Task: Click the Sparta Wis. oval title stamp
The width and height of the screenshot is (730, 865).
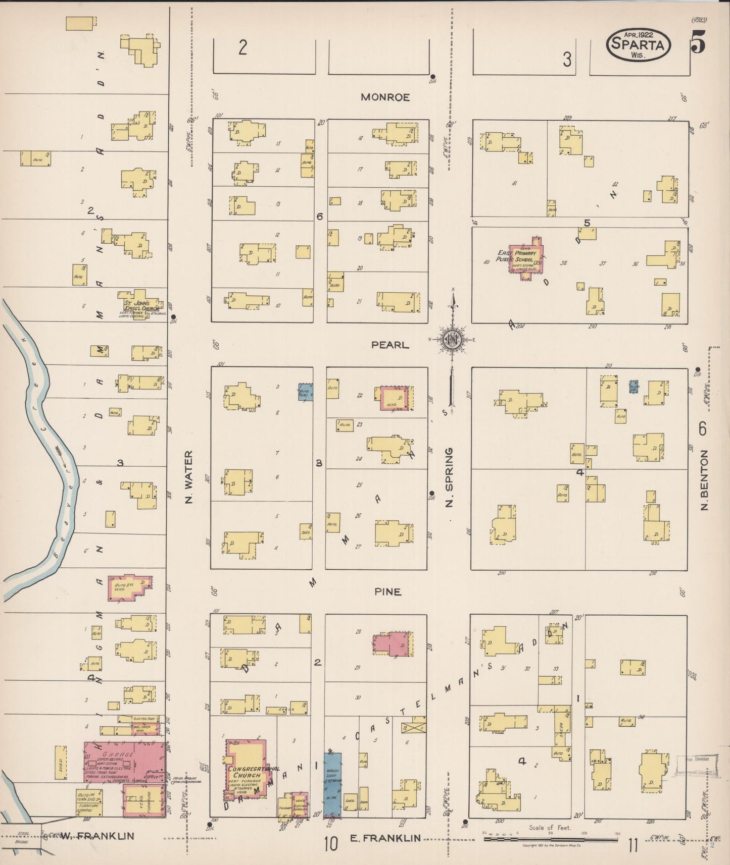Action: pos(638,45)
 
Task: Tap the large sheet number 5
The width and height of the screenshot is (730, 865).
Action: pos(698,41)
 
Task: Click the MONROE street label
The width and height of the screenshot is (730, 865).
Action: pos(385,97)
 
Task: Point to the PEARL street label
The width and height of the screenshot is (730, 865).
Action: pos(390,345)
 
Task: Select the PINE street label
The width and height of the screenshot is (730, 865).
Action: pos(388,591)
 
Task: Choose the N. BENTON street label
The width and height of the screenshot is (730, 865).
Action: pos(705,480)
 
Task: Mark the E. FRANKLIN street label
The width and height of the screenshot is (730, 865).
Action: pos(385,838)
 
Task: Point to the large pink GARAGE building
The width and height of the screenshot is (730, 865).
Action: pos(124,762)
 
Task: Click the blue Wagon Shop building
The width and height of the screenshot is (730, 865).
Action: pos(332,785)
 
